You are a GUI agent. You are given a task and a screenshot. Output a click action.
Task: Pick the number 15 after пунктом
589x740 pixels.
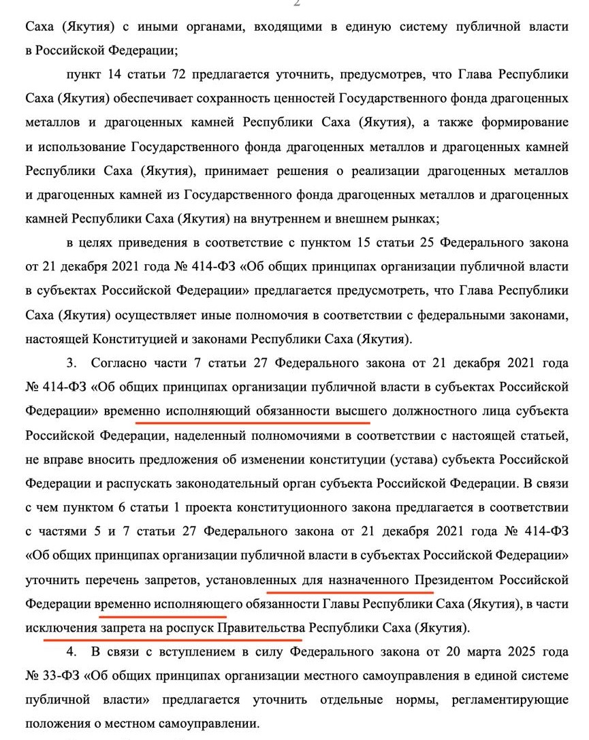point(360,243)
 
